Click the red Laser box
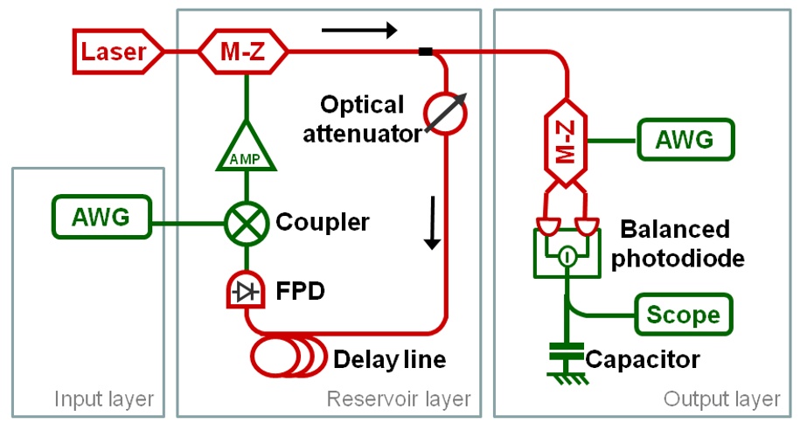[x=115, y=52]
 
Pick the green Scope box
[x=684, y=314]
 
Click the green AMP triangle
[x=247, y=148]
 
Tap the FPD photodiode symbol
[x=247, y=292]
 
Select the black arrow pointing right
[x=358, y=31]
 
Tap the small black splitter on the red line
[x=426, y=52]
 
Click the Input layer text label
[x=104, y=399]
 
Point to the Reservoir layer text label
[x=398, y=399]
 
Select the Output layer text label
[x=720, y=399]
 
